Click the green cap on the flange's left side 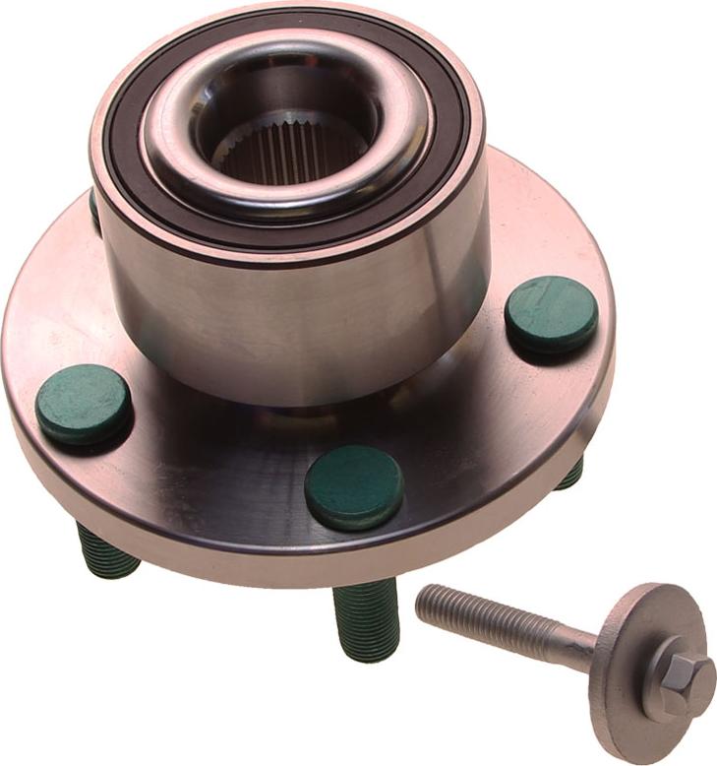(84, 404)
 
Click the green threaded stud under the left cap (106, 551)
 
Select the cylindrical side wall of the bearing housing (295, 325)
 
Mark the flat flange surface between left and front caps (216, 463)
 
